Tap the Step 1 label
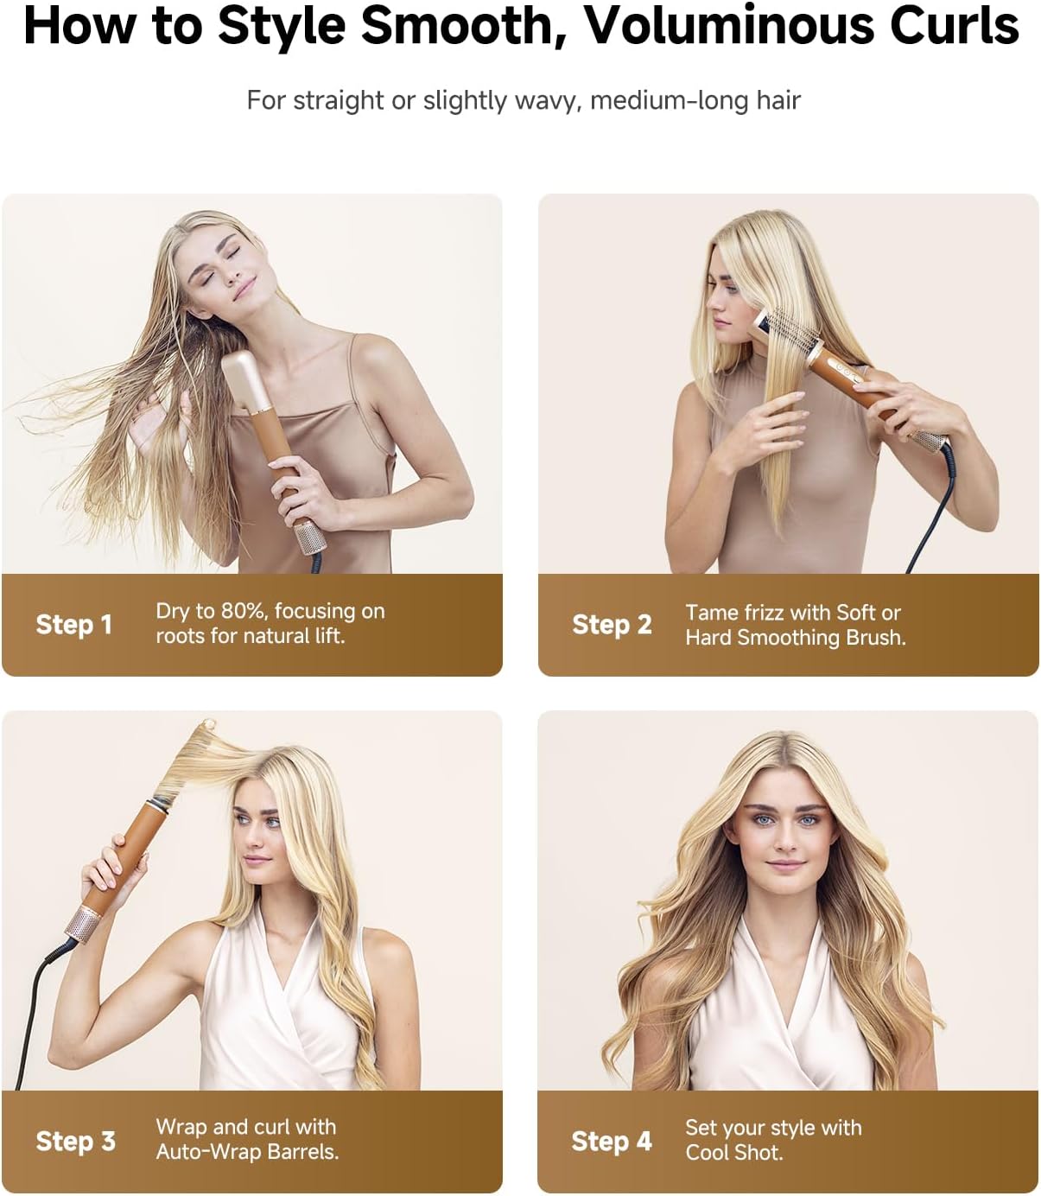coord(73,624)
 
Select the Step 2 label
coord(611,624)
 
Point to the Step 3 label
coord(75,1141)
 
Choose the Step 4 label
coord(611,1141)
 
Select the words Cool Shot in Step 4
coord(733,1153)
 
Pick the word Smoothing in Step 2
coord(795,638)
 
